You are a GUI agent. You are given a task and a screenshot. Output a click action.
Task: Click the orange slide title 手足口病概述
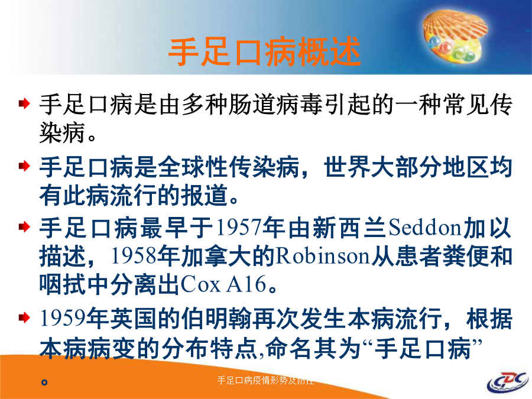pyautogui.click(x=265, y=51)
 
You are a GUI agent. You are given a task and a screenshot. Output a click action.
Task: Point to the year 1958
pyautogui.click(x=134, y=256)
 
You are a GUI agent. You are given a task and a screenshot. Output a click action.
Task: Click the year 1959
pyautogui.click(x=63, y=319)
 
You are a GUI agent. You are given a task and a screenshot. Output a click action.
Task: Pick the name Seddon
pyautogui.click(x=425, y=228)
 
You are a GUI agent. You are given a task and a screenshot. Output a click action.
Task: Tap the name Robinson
pyautogui.click(x=322, y=256)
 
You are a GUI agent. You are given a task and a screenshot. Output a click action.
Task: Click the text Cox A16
pyautogui.click(x=223, y=284)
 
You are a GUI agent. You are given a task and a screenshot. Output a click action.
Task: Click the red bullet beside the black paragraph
pyautogui.click(x=24, y=103)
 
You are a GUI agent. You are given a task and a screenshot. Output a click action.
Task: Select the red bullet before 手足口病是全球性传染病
pyautogui.click(x=24, y=166)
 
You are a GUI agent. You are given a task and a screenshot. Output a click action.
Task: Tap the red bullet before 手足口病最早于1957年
pyautogui.click(x=24, y=226)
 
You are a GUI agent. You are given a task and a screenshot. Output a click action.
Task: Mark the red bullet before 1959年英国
pyautogui.click(x=24, y=317)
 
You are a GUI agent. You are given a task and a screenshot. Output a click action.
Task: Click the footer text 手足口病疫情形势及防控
pyautogui.click(x=265, y=380)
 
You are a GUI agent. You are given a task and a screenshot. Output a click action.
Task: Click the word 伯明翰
pyautogui.click(x=216, y=319)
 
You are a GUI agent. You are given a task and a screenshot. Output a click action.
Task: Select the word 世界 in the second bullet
pyautogui.click(x=347, y=167)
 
